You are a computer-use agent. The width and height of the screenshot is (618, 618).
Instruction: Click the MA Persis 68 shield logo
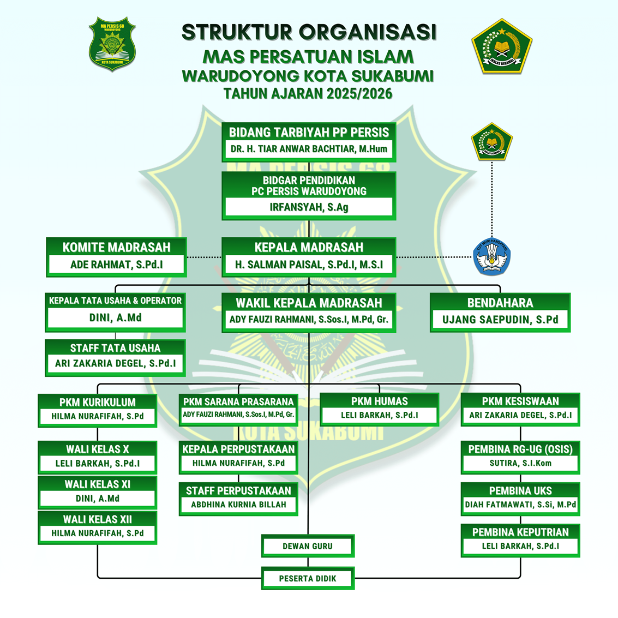click(x=112, y=44)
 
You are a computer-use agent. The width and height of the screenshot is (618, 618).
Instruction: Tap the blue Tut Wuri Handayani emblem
click(x=492, y=256)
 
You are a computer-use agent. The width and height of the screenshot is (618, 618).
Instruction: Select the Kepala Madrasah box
click(x=309, y=256)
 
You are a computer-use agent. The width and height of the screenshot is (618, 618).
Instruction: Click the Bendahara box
click(x=500, y=312)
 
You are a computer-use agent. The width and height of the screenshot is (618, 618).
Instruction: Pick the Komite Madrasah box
click(x=116, y=256)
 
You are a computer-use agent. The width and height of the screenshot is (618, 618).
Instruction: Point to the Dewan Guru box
click(x=308, y=546)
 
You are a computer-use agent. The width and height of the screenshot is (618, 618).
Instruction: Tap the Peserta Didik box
click(x=308, y=578)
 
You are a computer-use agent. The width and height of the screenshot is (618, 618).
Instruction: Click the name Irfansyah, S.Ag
click(x=309, y=207)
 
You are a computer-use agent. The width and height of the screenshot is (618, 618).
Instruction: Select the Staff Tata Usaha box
click(x=115, y=357)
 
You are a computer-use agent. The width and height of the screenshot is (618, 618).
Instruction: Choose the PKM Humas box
click(x=379, y=409)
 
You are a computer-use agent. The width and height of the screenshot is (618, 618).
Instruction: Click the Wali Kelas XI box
click(x=98, y=491)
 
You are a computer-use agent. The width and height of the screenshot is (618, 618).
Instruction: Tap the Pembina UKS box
click(x=520, y=498)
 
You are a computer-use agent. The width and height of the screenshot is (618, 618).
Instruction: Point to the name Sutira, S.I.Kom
click(x=520, y=463)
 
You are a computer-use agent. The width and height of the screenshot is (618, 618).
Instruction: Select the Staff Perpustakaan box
click(x=238, y=498)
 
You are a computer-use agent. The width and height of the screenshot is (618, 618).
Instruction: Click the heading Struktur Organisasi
click(x=309, y=32)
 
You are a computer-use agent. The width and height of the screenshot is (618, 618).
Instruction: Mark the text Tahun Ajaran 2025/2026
click(x=308, y=94)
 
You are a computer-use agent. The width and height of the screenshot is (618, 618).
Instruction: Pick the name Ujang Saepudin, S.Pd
click(x=500, y=320)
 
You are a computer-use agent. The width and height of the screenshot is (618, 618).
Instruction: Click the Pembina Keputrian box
click(x=520, y=539)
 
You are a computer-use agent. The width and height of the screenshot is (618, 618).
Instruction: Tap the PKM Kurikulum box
click(x=98, y=410)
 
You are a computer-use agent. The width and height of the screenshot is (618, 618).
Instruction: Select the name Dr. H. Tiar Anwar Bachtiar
click(x=309, y=149)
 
